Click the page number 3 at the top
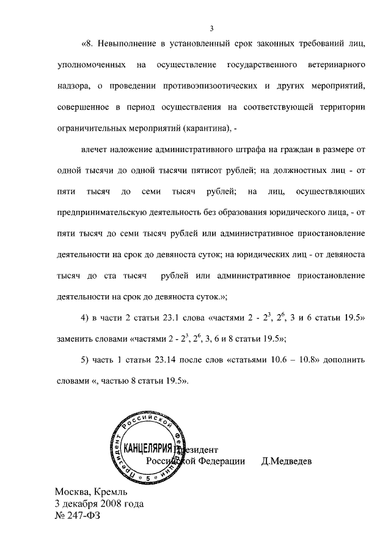click(x=211, y=28)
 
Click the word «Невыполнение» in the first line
click(x=130, y=45)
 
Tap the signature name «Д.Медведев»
click(x=287, y=461)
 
